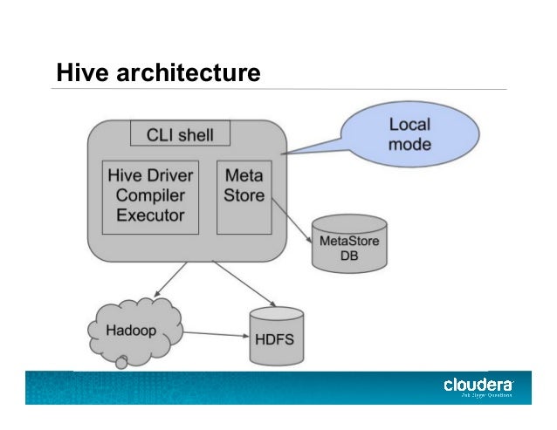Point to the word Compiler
pyautogui.click(x=150, y=195)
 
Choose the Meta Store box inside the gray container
pyautogui.click(x=244, y=196)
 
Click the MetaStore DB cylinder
pyautogui.click(x=349, y=244)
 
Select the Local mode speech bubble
pyautogui.click(x=409, y=133)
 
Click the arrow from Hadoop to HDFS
pyautogui.click(x=214, y=333)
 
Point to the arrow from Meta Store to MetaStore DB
pyautogui.click(x=293, y=222)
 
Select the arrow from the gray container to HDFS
pyautogui.click(x=239, y=283)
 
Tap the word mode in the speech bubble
pyautogui.click(x=409, y=144)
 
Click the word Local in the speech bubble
pyautogui.click(x=409, y=124)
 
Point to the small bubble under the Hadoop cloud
pyautogui.click(x=123, y=359)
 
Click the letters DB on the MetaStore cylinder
pyautogui.click(x=349, y=255)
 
